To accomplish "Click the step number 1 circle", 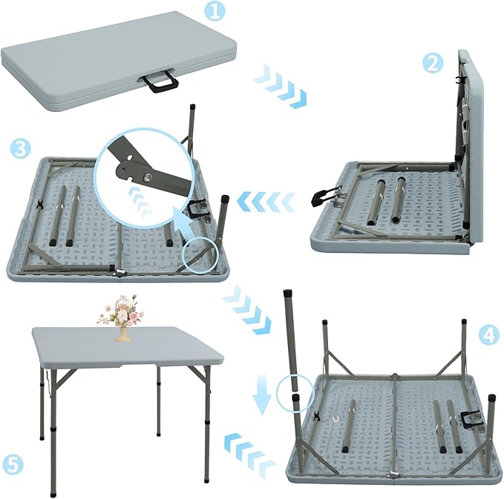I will point(215,11).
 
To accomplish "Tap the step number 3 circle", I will point(20,148).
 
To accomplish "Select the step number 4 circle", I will point(488,334).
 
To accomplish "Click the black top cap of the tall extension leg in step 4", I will point(287,294).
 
